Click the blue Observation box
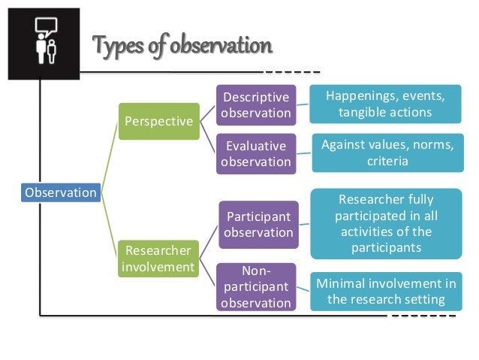point(61,192)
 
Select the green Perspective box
point(158,120)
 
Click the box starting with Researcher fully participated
point(386,223)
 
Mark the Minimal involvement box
point(385,291)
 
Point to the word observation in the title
point(221,47)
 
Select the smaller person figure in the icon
point(50,53)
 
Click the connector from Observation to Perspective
point(110,158)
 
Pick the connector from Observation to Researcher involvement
point(110,225)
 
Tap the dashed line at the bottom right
point(423,316)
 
